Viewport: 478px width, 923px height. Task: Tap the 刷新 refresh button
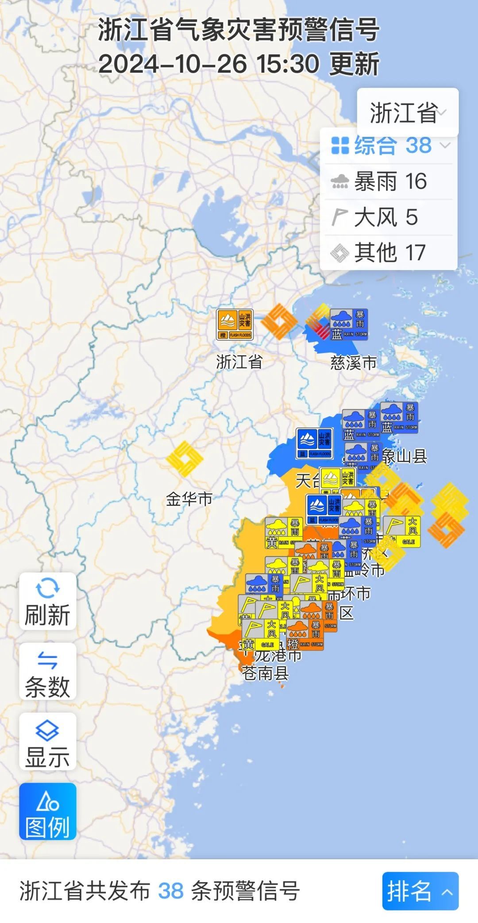coord(47,601)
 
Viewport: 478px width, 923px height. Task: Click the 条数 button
coord(47,671)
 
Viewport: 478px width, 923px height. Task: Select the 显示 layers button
coord(47,741)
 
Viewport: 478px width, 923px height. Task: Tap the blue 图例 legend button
coord(47,812)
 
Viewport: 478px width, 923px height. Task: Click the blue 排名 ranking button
coord(420,891)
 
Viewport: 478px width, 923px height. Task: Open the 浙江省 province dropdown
coord(408,112)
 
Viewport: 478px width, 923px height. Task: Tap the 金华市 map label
coord(189,499)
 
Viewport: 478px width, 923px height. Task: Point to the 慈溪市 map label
coord(353,363)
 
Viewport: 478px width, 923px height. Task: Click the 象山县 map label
coord(405,456)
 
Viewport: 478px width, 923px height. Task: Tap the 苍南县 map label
coord(266,673)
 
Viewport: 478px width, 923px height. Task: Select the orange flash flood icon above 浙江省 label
coord(235,324)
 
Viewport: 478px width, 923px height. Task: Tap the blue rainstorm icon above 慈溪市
coord(349,324)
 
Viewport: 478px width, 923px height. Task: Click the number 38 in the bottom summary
coord(170,891)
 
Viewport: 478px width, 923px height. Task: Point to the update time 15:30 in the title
coord(288,64)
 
